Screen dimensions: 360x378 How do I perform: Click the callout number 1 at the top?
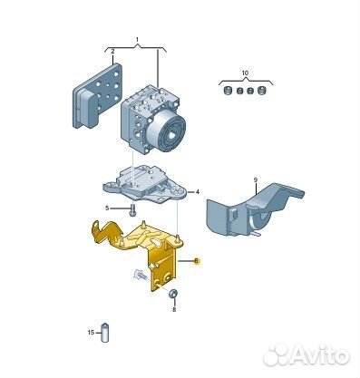pos(137,40)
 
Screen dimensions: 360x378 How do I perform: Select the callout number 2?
pos(112,51)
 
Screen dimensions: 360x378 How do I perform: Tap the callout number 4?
pos(198,191)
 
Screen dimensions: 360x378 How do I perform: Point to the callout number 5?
pos(107,208)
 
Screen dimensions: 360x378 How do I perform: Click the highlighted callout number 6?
pos(197,260)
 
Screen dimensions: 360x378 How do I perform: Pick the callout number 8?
pos(174,309)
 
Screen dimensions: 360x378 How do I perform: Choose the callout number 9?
pos(256,180)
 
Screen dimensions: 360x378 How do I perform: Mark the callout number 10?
pos(245,73)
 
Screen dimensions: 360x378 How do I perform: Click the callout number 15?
pos(91,333)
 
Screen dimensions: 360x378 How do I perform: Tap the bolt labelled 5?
pos(132,210)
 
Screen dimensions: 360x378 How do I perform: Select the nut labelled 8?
pos(173,294)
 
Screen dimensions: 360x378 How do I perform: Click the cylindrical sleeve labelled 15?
pos(104,333)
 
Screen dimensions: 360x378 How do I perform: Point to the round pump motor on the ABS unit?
pos(167,131)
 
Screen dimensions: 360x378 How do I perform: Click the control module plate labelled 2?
pos(97,96)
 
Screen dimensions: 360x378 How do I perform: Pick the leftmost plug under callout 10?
pos(227,90)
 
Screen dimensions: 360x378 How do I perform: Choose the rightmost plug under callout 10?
pos(262,90)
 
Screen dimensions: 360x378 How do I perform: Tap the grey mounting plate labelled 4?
pos(144,184)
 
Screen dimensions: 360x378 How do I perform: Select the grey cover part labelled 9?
pos(253,210)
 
